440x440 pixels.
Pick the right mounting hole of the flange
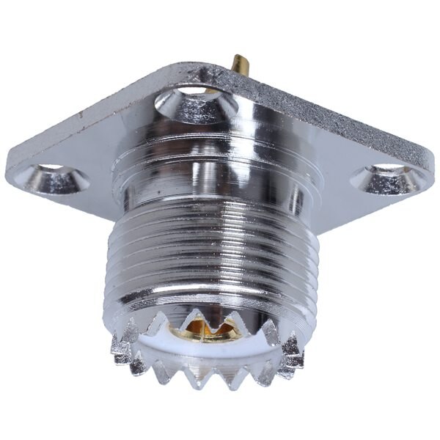(x=387, y=177)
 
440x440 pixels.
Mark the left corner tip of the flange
(x=9, y=171)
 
